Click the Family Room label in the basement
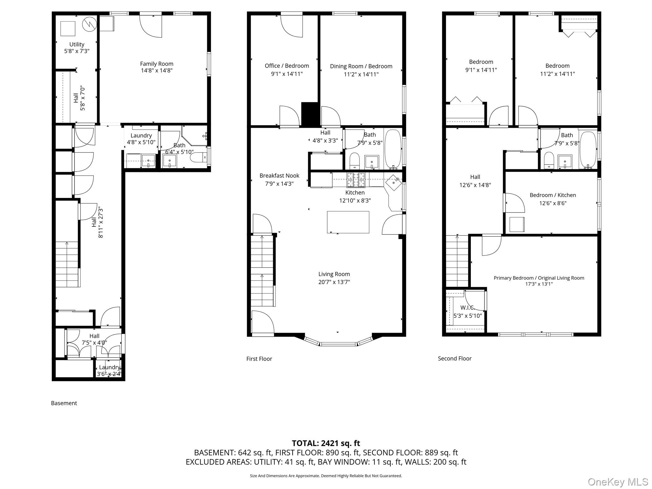(x=157, y=64)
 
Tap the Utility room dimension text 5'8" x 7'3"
(x=77, y=51)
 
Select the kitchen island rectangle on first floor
(x=348, y=222)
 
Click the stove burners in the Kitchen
(x=356, y=180)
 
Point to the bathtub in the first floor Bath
(x=393, y=149)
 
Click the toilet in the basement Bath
(x=197, y=157)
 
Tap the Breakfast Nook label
(x=279, y=176)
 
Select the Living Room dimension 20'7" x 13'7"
(x=334, y=282)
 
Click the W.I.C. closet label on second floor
(x=467, y=308)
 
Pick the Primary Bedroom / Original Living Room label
(x=539, y=278)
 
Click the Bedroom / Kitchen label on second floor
(x=553, y=195)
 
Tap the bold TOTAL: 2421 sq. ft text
(x=326, y=443)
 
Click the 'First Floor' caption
(x=259, y=359)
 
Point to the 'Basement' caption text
(x=64, y=403)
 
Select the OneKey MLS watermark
(x=618, y=482)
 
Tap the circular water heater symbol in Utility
(x=89, y=24)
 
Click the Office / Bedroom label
(x=287, y=66)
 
